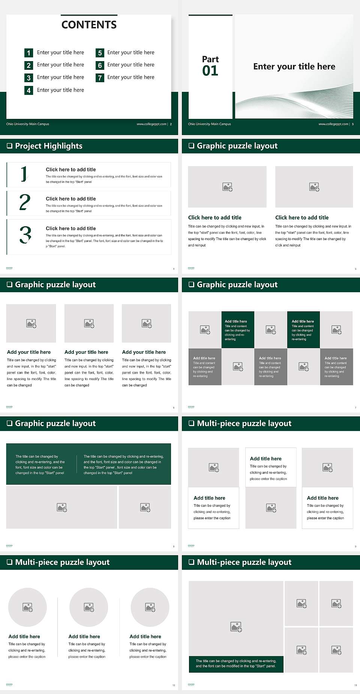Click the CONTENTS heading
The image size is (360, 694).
coord(89,25)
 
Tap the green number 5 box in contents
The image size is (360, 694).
coord(100,53)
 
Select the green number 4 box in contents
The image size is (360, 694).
coord(28,90)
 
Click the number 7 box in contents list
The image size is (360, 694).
coord(100,78)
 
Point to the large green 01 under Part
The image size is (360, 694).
coord(210,71)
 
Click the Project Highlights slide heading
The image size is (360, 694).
coord(49,146)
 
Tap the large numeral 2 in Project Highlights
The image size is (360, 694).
coord(25,202)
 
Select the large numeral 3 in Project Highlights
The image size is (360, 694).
coord(25,235)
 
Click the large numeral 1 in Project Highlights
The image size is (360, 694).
coord(24,174)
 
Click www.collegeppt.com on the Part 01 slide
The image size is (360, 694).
coord(333,124)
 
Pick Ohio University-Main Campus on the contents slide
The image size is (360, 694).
coord(28,124)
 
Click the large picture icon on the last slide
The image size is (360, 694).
coord(236,626)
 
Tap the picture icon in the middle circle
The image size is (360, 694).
coord(89,607)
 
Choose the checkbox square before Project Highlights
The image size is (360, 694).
coord(9,146)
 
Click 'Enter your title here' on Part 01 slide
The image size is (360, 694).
coord(294,66)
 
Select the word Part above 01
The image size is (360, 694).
coord(210,59)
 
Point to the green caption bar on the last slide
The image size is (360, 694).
coord(236,663)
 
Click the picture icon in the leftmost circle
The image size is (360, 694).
coord(28,607)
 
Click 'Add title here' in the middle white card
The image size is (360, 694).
coord(265,458)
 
